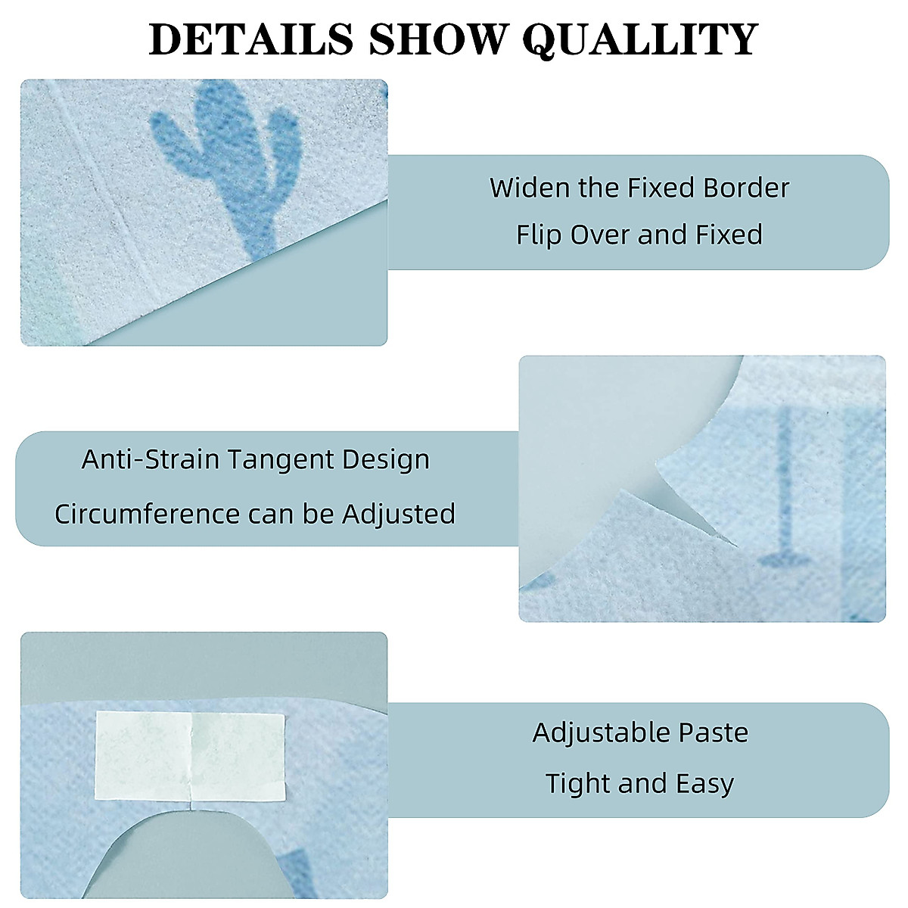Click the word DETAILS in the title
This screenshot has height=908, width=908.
(250, 39)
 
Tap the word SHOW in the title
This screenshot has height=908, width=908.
(437, 39)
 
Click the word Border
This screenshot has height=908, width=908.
(746, 188)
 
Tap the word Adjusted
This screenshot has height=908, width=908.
(399, 515)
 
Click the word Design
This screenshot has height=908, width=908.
(386, 460)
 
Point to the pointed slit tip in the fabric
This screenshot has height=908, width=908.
(736, 545)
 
